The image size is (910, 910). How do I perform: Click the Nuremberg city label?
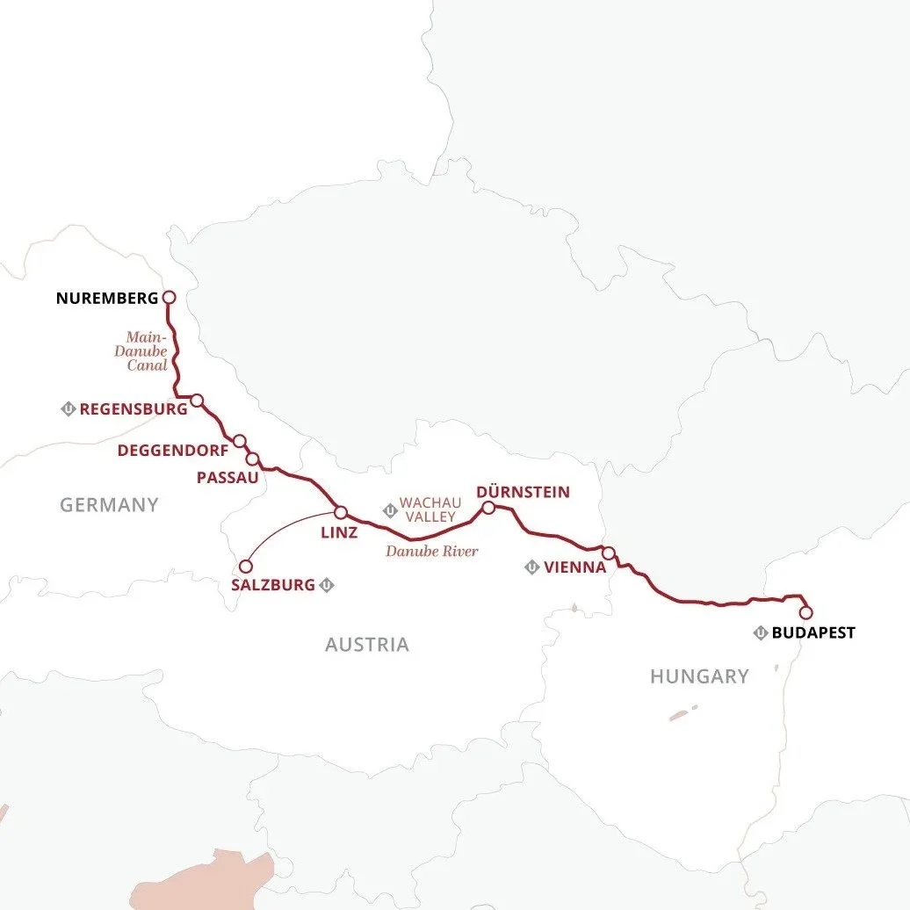107,298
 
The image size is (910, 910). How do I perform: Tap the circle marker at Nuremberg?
169,298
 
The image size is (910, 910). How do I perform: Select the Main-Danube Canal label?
147,350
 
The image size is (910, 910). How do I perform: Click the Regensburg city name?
133,409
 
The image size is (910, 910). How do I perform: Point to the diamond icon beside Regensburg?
68,409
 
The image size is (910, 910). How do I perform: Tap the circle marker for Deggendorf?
239,441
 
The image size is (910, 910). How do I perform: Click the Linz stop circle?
341,512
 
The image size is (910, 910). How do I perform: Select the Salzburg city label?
272,585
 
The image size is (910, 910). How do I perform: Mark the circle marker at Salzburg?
246,567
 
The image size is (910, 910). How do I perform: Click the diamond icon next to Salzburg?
327,585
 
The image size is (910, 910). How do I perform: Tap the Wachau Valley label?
427,510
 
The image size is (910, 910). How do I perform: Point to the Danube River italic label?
432,552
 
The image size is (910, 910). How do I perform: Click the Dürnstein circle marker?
488,507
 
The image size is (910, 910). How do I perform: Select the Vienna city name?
575,567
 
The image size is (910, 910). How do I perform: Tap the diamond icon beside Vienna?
531,567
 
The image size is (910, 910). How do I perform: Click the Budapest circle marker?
805,613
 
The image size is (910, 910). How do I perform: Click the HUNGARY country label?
699,676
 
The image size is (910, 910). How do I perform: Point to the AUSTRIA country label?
367,645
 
